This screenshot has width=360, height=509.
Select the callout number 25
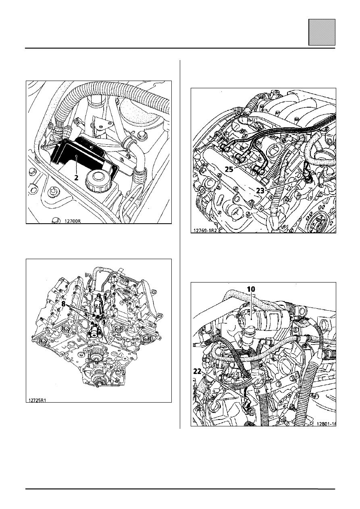point(229,169)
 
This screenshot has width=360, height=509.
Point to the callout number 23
point(260,191)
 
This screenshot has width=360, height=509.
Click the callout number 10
point(251,289)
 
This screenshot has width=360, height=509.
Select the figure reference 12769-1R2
point(204,231)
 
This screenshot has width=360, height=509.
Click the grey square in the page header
point(322,32)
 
